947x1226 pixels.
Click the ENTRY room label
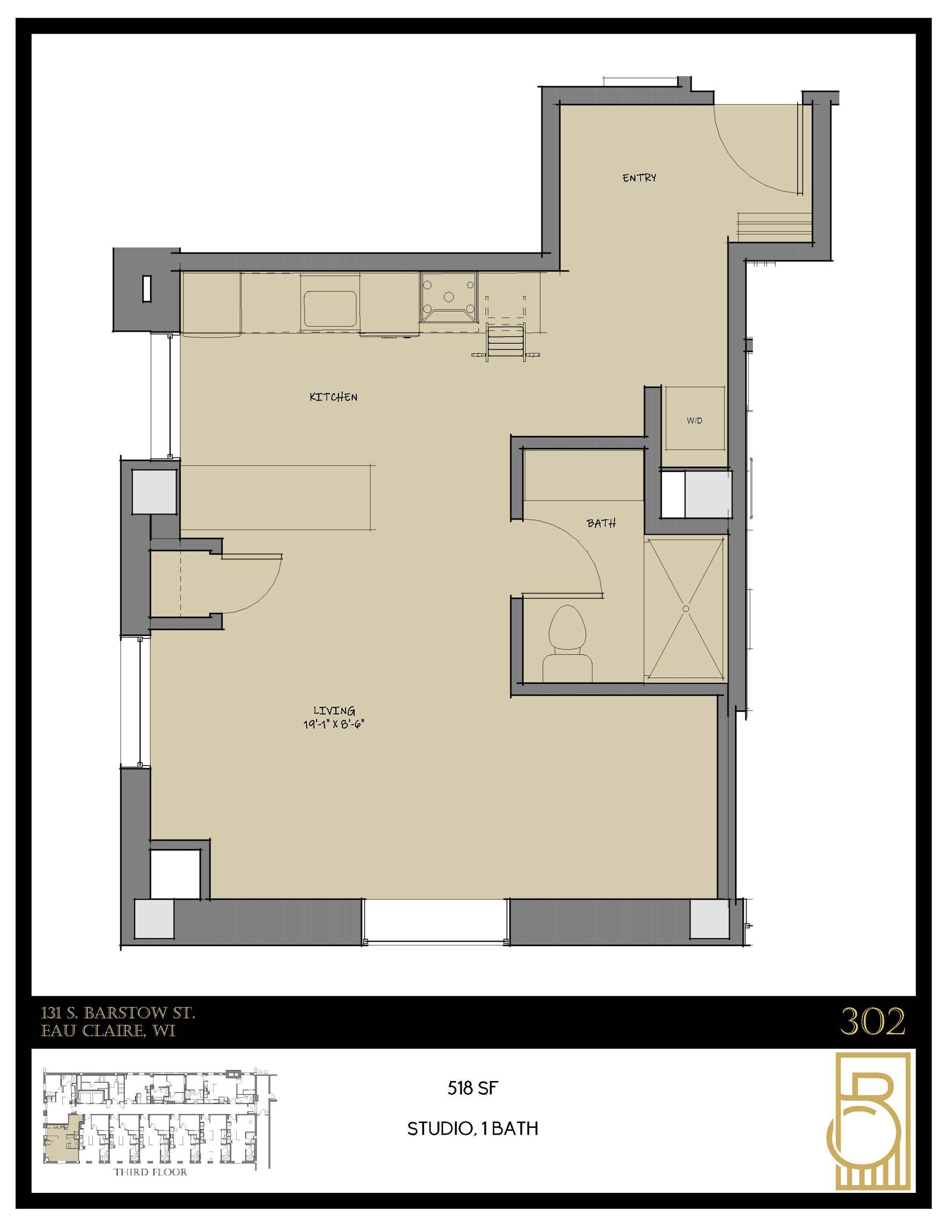tap(639, 178)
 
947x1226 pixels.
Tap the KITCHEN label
tap(333, 397)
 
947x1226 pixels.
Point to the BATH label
tap(601, 523)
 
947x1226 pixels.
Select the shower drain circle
tap(686, 608)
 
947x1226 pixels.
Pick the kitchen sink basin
tap(330, 309)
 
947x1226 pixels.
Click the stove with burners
tap(448, 297)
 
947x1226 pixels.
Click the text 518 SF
tap(473, 1088)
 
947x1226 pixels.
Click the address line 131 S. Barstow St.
tap(118, 1013)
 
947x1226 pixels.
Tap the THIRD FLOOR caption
tap(150, 1172)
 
